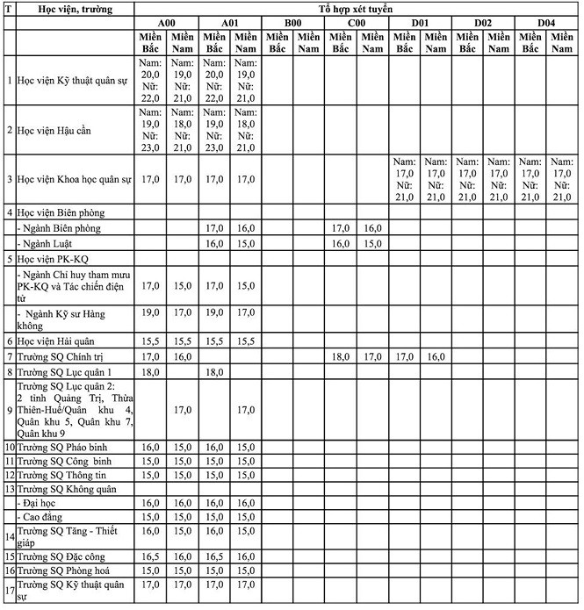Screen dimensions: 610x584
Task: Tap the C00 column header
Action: point(357,22)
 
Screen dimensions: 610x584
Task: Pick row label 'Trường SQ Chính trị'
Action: point(58,357)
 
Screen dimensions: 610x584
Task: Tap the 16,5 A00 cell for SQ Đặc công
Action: point(150,556)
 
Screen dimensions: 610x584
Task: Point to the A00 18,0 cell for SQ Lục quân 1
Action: point(150,373)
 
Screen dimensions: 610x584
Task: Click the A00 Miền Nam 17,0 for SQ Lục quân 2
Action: point(183,409)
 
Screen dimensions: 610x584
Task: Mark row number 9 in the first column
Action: point(9,409)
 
